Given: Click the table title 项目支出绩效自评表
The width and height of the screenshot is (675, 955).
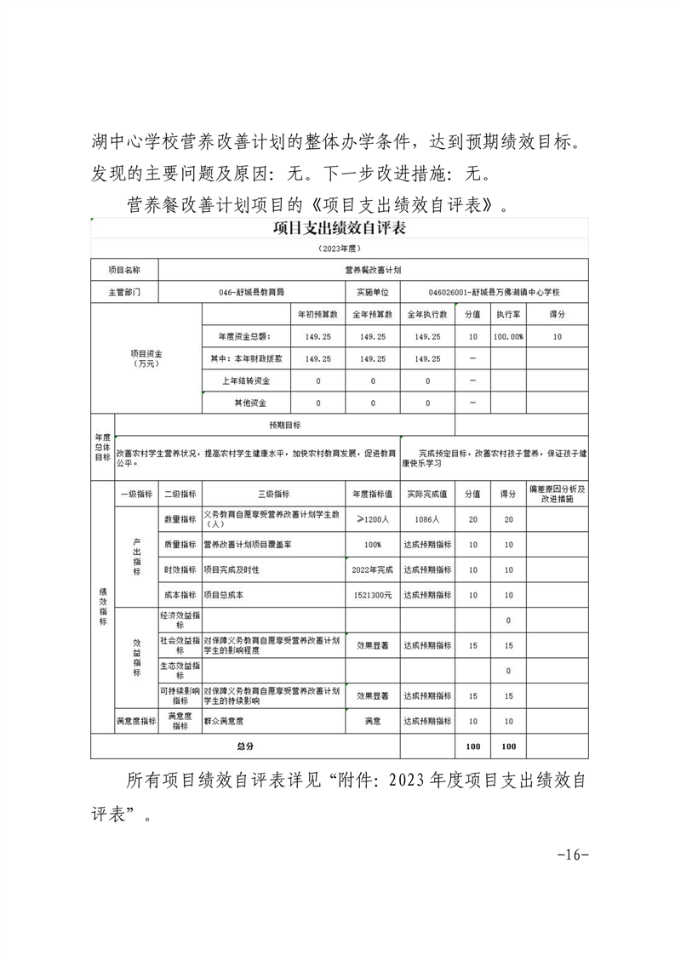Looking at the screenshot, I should pos(339,228).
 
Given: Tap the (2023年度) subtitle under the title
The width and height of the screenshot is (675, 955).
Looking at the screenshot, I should pos(339,248).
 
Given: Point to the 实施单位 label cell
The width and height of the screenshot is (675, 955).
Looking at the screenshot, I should pos(372,292).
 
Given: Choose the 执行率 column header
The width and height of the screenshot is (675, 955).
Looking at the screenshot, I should pos(508,314).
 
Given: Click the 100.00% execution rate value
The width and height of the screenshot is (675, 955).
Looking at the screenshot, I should pos(508,336).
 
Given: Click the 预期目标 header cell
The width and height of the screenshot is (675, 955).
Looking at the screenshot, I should pos(284,424).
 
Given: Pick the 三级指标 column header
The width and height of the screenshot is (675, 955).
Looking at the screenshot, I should pos(272,494).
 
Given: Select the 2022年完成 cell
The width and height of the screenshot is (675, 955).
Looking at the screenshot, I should pos(372,569).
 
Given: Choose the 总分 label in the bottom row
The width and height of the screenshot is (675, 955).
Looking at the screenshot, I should pos(245,746).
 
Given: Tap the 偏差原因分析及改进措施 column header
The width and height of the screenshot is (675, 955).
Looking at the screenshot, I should pos(557,494).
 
